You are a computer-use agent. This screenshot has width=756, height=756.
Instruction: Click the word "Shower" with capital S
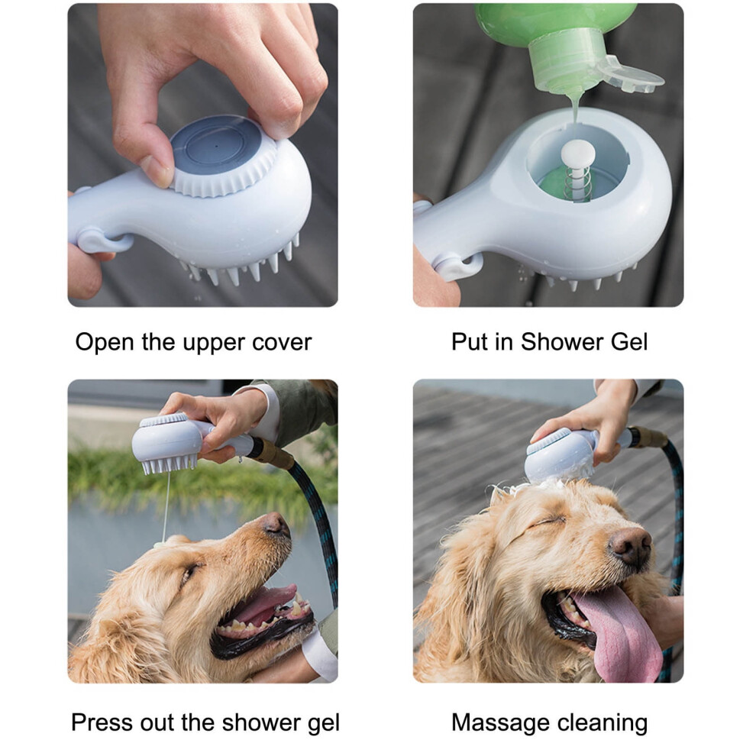[562, 342]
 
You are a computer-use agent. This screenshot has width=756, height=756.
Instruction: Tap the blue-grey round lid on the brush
[215, 147]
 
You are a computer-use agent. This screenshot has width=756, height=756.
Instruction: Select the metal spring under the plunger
[577, 184]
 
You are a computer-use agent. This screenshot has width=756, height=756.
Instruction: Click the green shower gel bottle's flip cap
[632, 75]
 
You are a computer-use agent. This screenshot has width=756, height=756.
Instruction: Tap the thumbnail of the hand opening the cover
[157, 172]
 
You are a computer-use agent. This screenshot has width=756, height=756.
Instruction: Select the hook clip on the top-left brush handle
[102, 241]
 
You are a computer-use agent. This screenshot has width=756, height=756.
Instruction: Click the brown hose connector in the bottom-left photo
[273, 453]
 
